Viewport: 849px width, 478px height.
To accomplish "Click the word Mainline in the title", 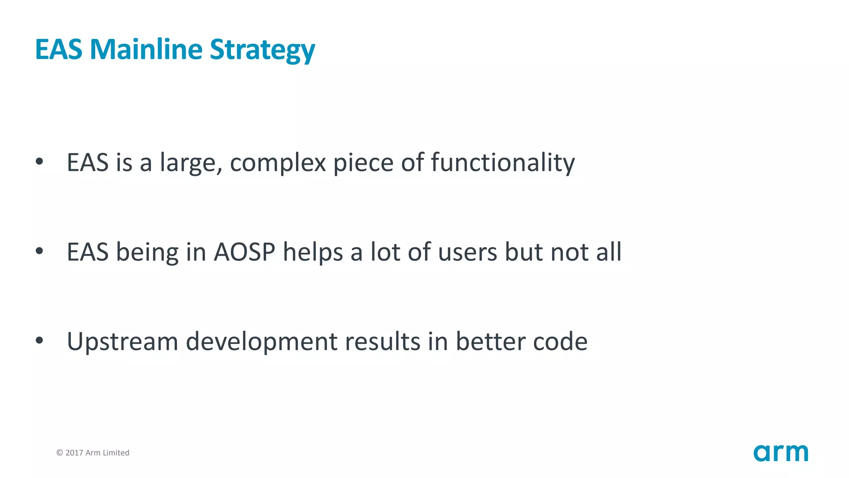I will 146,49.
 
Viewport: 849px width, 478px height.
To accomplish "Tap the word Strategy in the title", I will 262,50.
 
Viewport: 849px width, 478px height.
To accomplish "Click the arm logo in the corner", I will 781,453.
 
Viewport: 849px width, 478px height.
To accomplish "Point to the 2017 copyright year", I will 74,453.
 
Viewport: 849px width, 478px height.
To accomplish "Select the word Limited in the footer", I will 116,453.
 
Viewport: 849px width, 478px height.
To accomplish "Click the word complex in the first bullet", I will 278,163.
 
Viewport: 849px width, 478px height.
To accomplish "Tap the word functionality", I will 502,163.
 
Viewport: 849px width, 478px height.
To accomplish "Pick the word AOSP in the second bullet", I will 244,252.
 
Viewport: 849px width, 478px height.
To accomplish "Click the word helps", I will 313,252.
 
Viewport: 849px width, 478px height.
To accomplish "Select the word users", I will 467,252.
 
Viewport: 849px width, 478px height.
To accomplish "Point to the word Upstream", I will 122,341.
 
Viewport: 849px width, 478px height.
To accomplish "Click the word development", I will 261,341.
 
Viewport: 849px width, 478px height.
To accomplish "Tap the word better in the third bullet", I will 490,341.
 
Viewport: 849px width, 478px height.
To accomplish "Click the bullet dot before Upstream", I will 39,341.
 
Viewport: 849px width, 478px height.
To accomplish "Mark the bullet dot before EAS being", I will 39,251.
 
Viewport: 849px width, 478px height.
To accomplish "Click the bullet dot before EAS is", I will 39,161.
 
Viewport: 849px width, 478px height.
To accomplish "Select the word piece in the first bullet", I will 363,163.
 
